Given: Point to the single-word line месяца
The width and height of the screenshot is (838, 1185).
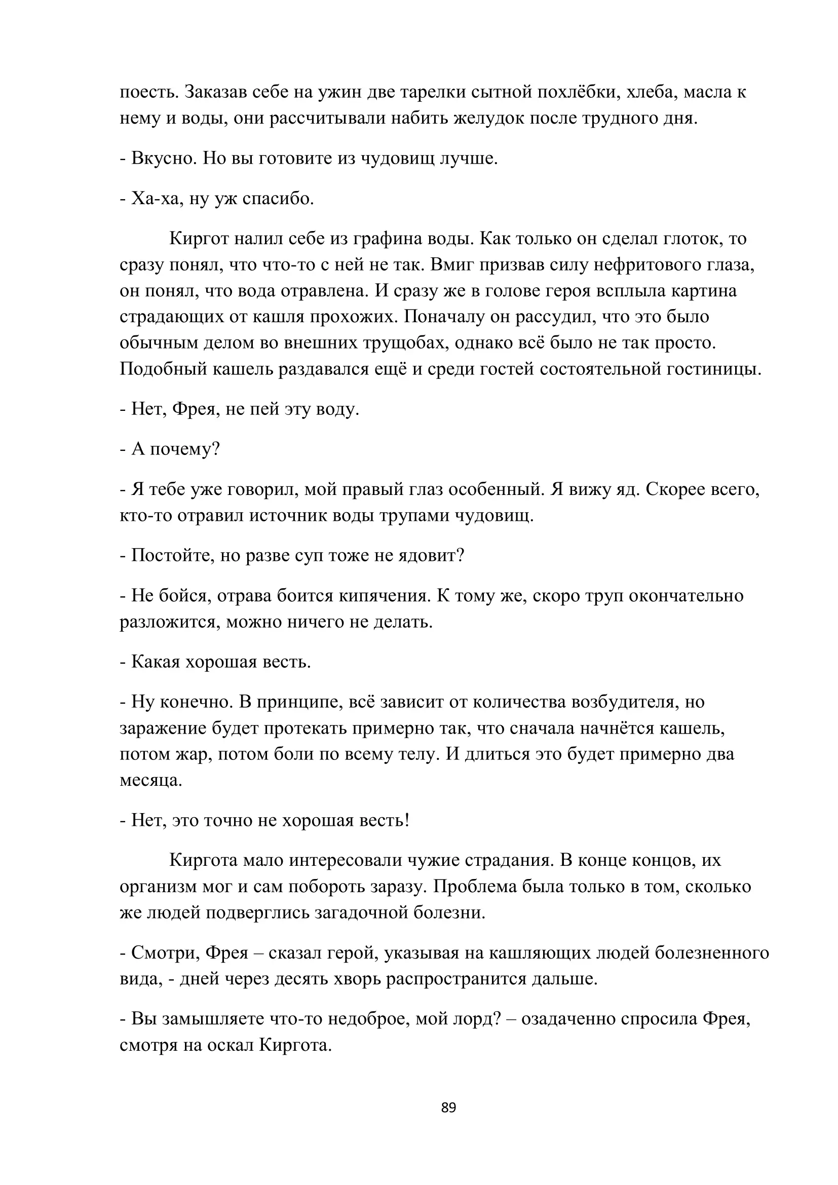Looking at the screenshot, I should (x=150, y=780).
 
